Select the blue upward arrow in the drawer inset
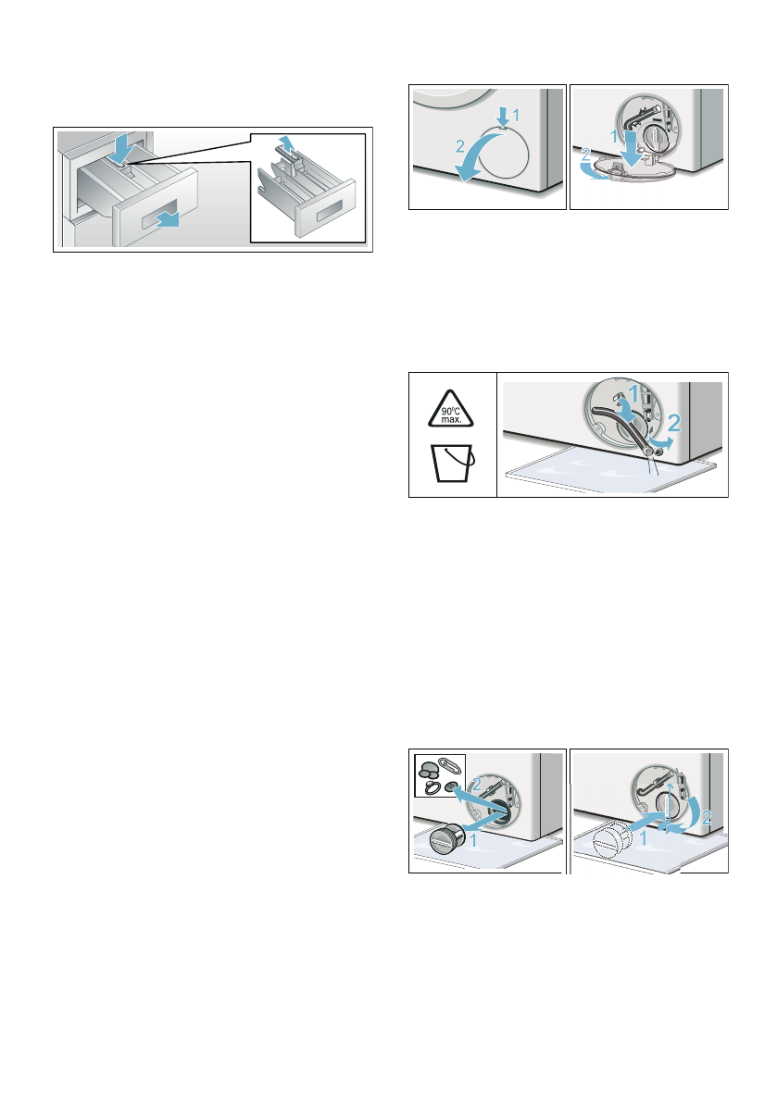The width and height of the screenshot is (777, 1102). pyautogui.click(x=288, y=143)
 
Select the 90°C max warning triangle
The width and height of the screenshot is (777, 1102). pyautogui.click(x=453, y=407)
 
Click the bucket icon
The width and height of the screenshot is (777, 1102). pyautogui.click(x=454, y=466)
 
